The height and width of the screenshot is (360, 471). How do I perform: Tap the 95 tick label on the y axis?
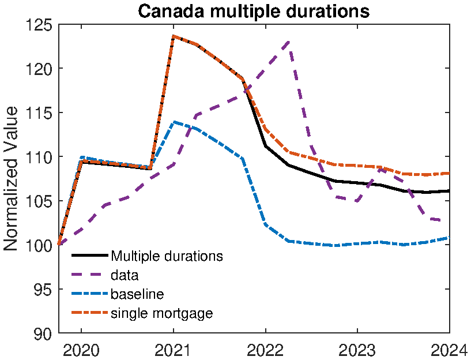43,289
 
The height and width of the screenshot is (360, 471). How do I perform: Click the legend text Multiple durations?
167,256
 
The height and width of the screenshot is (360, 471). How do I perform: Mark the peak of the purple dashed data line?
288,41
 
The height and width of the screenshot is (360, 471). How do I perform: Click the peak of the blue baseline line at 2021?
174,122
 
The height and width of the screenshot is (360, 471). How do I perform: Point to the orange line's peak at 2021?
173,36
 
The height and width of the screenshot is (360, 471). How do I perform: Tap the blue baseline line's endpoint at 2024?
449,237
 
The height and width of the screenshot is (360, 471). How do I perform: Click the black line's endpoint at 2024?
449,191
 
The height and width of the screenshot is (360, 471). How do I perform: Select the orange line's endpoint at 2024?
449,173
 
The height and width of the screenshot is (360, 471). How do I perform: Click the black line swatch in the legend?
89,255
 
